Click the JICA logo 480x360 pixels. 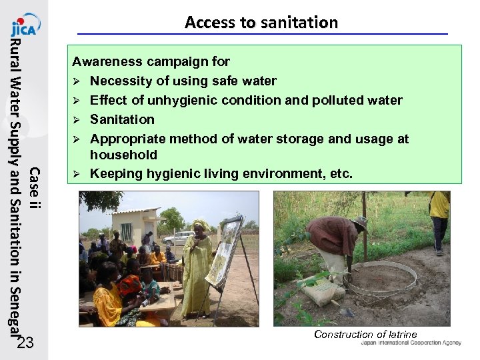[x=25, y=25]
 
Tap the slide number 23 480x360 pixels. [x=25, y=343]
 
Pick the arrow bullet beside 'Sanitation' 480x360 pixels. [x=77, y=120]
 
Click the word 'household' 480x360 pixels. [x=123, y=155]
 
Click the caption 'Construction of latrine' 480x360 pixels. [x=365, y=335]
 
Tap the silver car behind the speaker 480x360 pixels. [x=178, y=238]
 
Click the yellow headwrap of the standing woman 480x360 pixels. [x=199, y=225]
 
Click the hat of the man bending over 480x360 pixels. [x=361, y=223]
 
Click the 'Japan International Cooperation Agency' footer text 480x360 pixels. [x=410, y=343]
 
